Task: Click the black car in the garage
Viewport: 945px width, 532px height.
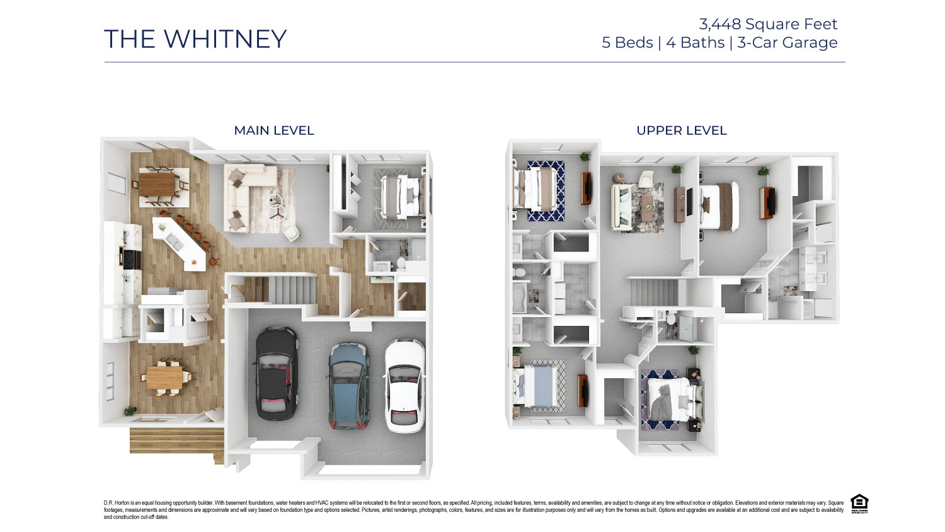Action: click(277, 373)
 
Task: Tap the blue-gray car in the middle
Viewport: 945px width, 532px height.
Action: click(348, 386)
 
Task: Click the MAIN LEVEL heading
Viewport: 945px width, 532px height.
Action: click(274, 130)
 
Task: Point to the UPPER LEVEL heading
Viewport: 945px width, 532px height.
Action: click(681, 130)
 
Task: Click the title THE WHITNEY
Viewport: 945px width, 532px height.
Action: click(195, 39)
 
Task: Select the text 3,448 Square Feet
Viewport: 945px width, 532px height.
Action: click(768, 24)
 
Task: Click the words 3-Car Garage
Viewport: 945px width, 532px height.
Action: click(787, 43)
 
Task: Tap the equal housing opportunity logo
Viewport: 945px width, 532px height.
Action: click(859, 504)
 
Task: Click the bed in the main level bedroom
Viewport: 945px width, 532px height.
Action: click(401, 194)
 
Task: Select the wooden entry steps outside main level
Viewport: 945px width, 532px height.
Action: click(176, 441)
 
